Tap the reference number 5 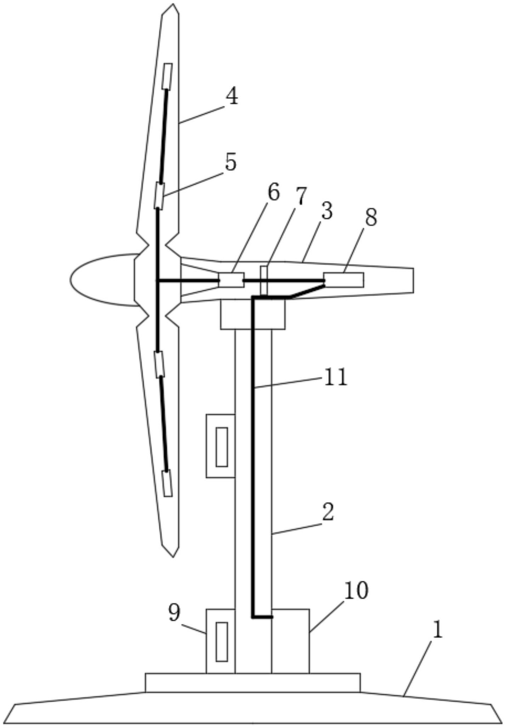click(231, 163)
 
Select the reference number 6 click(273, 192)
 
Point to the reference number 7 click(301, 197)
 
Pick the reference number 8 click(371, 217)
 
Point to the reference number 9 click(174, 613)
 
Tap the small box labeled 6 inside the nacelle click(231, 280)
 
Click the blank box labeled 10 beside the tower click(290, 641)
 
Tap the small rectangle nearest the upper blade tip click(167, 76)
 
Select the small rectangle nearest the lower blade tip click(167, 483)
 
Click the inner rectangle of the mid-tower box click(222, 447)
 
